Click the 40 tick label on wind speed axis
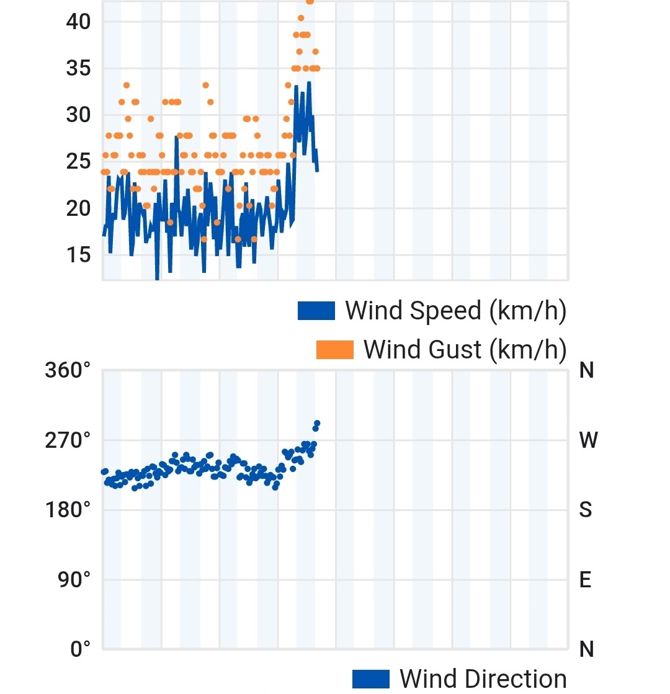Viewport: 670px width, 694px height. [78, 22]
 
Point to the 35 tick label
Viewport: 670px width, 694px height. [78, 68]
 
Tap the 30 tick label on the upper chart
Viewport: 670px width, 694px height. [78, 115]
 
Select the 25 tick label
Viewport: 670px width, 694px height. [78, 162]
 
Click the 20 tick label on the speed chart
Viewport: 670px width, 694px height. [78, 208]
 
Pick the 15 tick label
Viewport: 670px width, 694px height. [78, 255]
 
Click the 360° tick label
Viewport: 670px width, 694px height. [68, 371]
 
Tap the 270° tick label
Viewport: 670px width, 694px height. [68, 441]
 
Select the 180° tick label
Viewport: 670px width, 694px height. [68, 510]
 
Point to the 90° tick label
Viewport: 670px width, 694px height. [73, 581]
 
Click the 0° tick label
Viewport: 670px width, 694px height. [79, 650]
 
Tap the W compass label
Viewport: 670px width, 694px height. [587, 441]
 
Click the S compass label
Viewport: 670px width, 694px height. [586, 510]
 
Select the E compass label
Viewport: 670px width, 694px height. [586, 581]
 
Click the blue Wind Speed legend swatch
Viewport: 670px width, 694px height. [316, 311]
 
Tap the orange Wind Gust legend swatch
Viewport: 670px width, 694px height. [334, 350]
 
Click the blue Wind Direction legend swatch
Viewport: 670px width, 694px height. [371, 679]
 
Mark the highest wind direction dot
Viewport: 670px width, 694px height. [317, 423]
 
